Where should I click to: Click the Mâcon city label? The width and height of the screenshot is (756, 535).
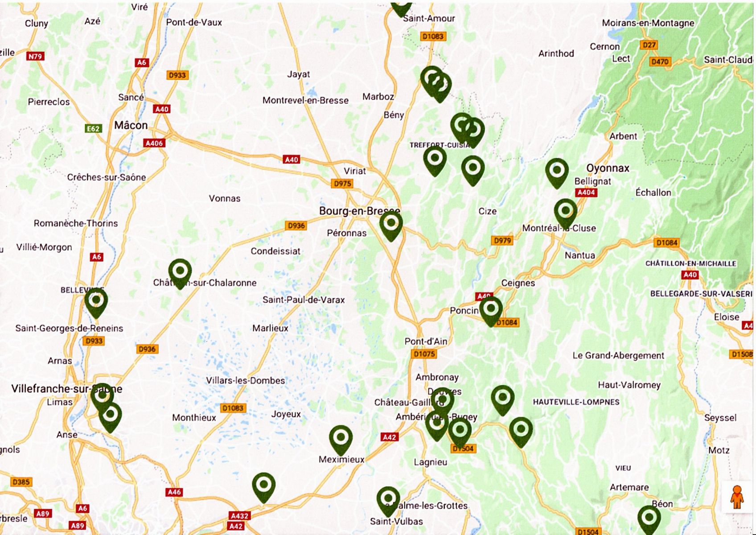[x=131, y=125]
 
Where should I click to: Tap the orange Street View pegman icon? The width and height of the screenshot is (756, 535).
[x=737, y=497]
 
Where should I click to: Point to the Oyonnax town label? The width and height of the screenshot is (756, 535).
[x=608, y=168]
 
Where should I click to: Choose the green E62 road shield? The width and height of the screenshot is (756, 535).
[x=93, y=129]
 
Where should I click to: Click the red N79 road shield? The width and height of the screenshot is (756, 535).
[x=35, y=56]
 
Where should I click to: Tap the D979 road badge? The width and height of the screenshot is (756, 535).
[x=502, y=240]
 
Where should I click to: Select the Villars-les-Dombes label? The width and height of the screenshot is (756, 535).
[x=245, y=380]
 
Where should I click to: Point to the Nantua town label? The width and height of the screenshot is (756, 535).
[x=579, y=255]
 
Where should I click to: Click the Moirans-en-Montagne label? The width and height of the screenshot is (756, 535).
[x=648, y=23]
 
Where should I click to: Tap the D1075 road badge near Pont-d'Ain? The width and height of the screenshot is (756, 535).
[x=424, y=354]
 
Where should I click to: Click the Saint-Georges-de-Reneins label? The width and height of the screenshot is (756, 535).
[x=69, y=328]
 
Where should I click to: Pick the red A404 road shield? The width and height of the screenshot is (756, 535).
[x=586, y=192]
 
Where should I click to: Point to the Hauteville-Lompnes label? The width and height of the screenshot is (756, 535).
[x=576, y=402]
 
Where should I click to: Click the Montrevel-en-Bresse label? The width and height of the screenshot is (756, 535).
[x=305, y=100]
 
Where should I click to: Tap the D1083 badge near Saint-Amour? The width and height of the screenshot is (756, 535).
[x=433, y=36]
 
